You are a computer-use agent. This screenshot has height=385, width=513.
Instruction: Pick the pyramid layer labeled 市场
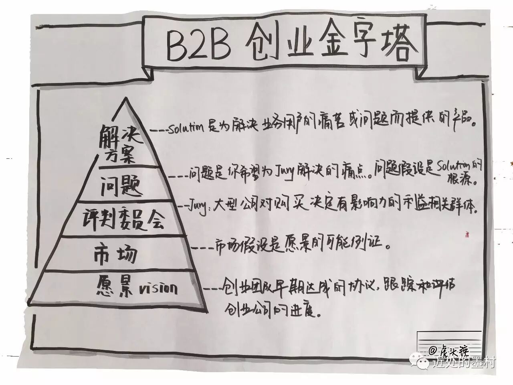(x=116, y=254)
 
